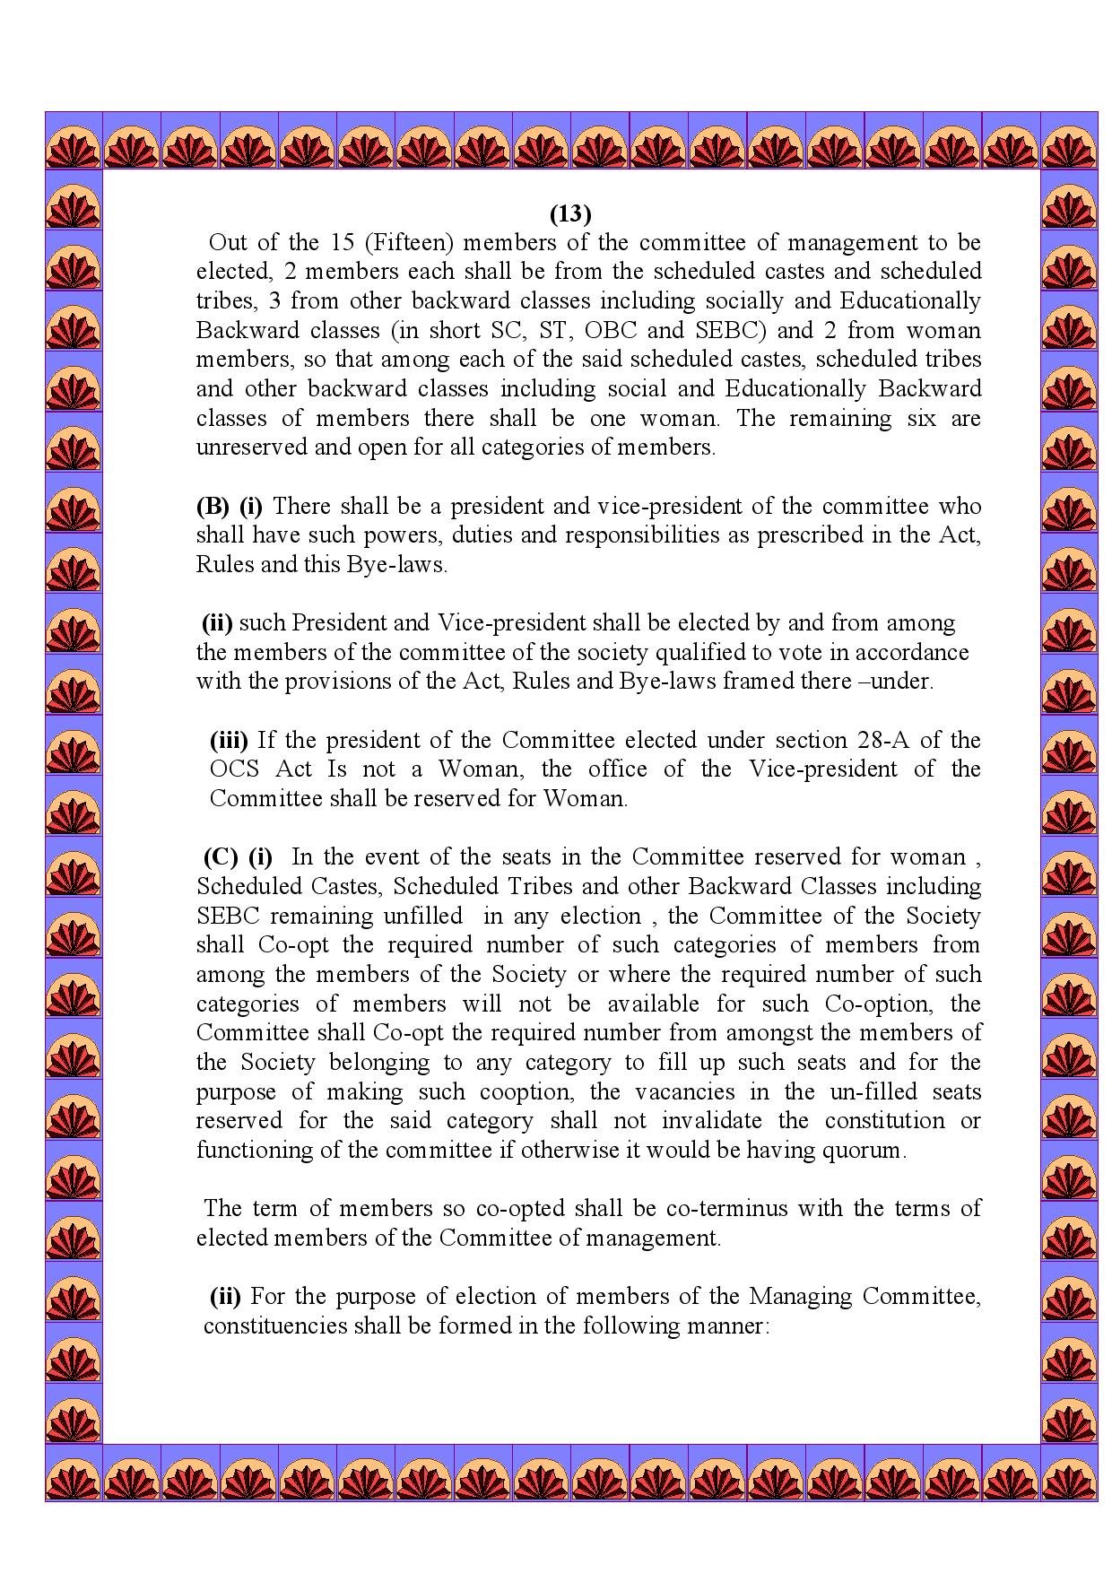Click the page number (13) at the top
(570, 213)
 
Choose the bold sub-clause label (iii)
(230, 740)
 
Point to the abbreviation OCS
(235, 769)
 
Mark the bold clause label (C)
(221, 856)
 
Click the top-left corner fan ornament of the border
(74, 140)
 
